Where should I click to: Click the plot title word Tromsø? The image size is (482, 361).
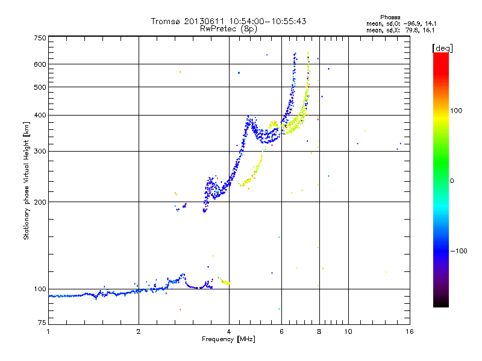pos(166,21)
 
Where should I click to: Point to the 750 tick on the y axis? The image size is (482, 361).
pos(40,38)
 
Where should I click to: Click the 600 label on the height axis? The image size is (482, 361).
pos(40,64)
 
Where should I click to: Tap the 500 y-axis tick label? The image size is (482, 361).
pos(40,87)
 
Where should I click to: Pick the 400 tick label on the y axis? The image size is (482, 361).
pos(40,116)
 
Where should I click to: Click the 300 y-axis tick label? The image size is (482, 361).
pos(40,152)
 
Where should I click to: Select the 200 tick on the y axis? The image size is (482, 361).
pos(40,202)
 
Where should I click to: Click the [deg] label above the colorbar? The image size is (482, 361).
pos(442,48)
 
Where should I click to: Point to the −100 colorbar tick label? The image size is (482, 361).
pos(462,251)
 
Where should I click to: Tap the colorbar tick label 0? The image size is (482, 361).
pos(452,180)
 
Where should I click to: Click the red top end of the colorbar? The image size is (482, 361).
pos(440,56)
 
